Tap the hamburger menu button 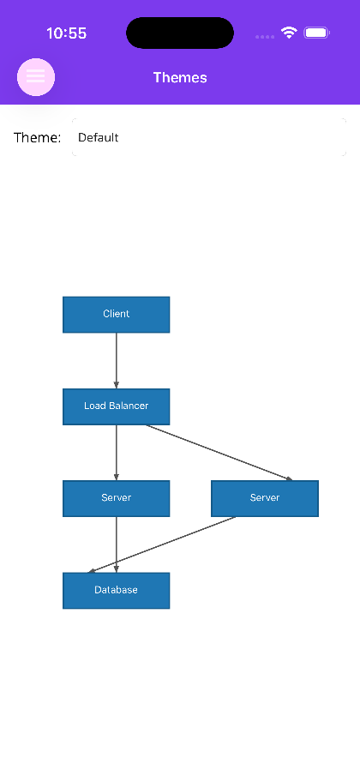click(36, 77)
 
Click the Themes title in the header click(180, 77)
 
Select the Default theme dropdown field click(209, 137)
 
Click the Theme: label click(38, 137)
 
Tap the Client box click(117, 314)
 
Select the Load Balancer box click(117, 406)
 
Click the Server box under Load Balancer click(117, 498)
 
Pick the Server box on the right click(265, 498)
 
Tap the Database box click(117, 591)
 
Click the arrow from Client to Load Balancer click(117, 361)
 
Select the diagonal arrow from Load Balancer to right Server click(219, 453)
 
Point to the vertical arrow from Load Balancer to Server click(117, 453)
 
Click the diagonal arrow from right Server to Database click(161, 544)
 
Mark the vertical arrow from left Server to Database click(117, 544)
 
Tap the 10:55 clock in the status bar click(66, 33)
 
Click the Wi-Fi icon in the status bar click(289, 33)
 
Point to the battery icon click(316, 33)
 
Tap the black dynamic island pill click(180, 33)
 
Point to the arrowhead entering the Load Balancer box click(117, 385)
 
